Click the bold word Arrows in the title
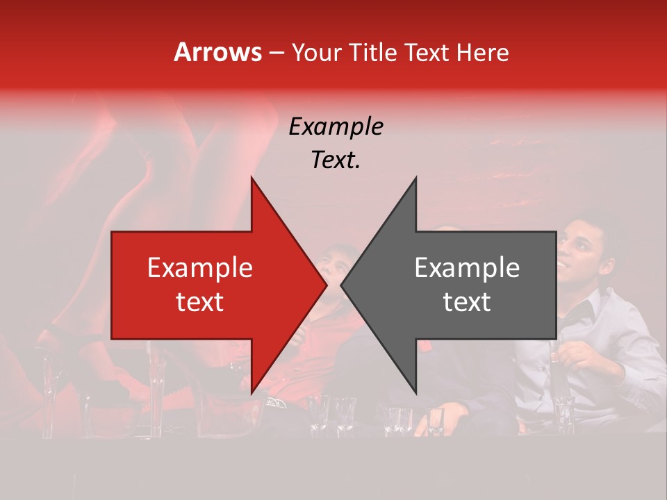click(x=218, y=52)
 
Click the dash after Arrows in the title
click(x=276, y=53)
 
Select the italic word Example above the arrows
click(x=336, y=128)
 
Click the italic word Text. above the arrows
click(x=336, y=160)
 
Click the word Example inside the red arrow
click(x=199, y=268)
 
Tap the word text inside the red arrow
click(x=199, y=301)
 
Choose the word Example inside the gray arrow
click(x=467, y=268)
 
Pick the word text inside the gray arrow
click(x=467, y=301)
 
